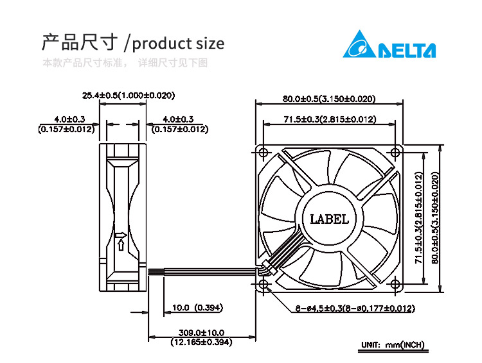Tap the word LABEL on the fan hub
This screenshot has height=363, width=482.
[x=329, y=219]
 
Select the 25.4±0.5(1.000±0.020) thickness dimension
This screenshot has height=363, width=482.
[x=128, y=96]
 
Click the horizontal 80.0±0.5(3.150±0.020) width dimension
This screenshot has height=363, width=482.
[x=329, y=99]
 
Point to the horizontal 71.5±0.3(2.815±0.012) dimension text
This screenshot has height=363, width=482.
[x=330, y=119]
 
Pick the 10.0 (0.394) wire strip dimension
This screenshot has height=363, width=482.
[x=197, y=307]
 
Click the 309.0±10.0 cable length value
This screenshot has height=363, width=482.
[x=201, y=332]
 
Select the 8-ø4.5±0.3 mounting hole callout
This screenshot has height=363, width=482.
[x=355, y=308]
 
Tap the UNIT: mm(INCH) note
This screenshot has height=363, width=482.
[x=393, y=345]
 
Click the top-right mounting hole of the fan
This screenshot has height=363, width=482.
[x=395, y=153]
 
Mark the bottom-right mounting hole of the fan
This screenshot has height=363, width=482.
[x=395, y=284]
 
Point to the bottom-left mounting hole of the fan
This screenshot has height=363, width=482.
[x=263, y=284]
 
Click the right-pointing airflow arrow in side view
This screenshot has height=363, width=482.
[x=121, y=235]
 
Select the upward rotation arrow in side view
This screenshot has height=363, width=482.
[x=121, y=245]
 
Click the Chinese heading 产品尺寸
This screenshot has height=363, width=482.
[x=80, y=42]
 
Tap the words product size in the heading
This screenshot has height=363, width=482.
[x=178, y=44]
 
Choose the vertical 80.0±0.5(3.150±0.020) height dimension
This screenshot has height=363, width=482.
[x=435, y=217]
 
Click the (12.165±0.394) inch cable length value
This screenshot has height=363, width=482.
[x=201, y=342]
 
